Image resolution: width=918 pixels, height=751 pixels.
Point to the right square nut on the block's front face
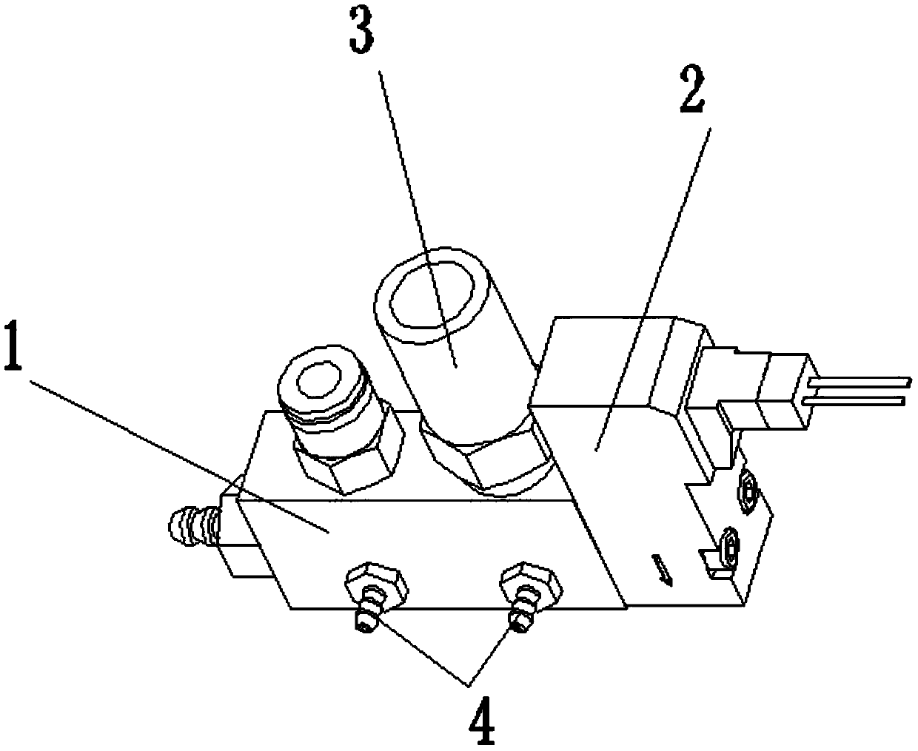(531, 581)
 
